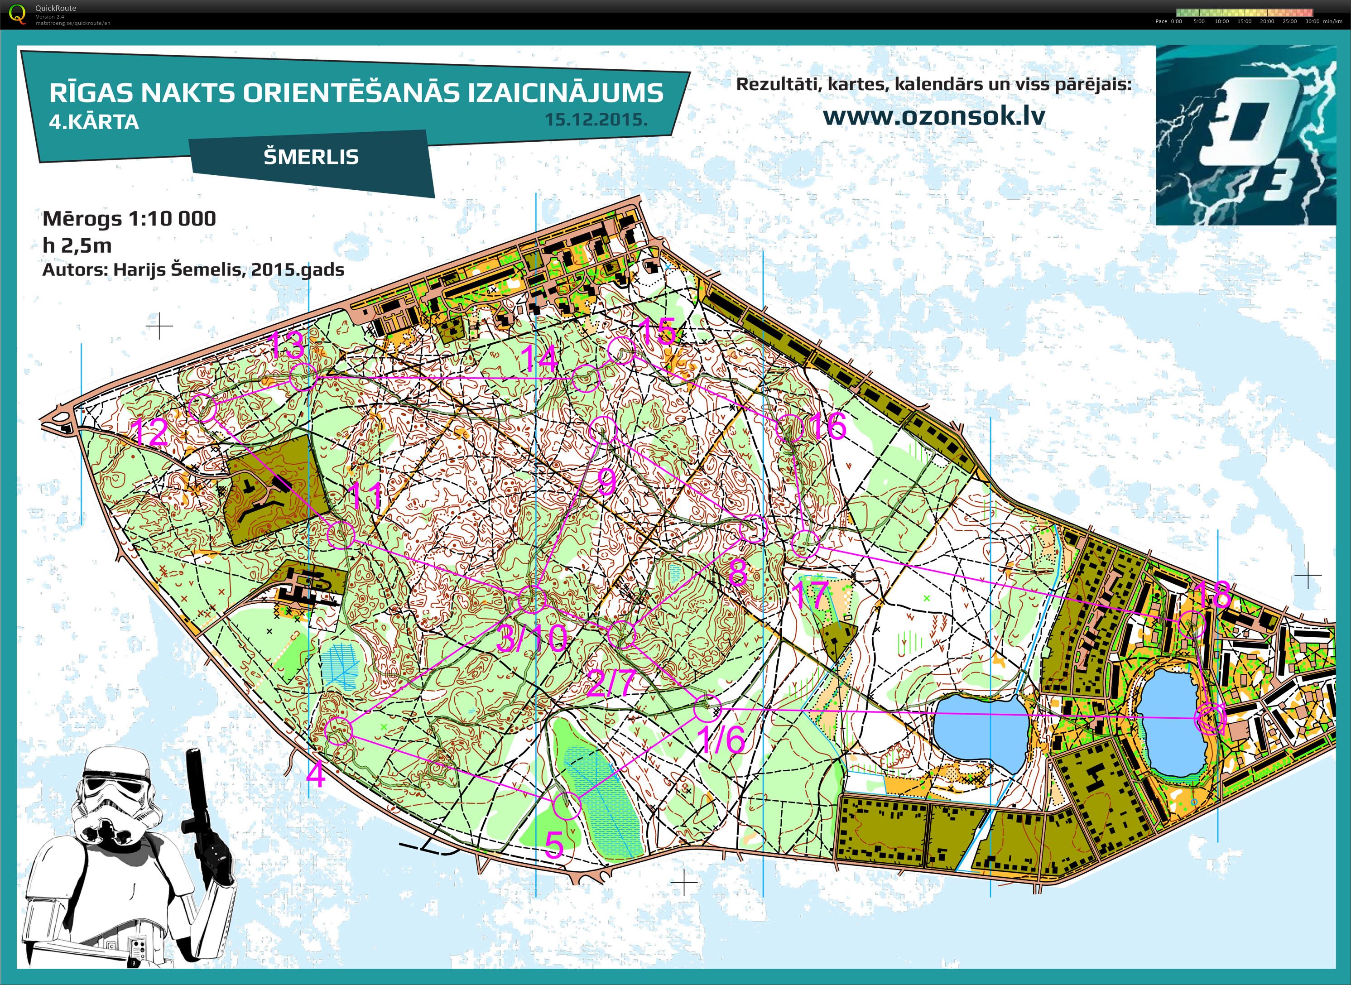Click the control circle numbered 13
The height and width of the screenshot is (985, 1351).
click(x=303, y=377)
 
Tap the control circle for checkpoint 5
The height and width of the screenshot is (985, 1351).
click(x=567, y=806)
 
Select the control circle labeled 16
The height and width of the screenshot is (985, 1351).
click(x=791, y=428)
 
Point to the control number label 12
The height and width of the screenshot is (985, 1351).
click(x=149, y=432)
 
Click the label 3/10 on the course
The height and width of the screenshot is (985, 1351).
click(x=531, y=639)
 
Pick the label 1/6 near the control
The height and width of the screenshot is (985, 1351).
click(x=721, y=740)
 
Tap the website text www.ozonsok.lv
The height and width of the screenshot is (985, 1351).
click(x=934, y=115)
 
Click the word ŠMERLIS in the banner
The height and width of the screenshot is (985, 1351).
click(x=311, y=157)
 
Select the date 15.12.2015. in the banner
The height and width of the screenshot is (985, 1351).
click(x=596, y=119)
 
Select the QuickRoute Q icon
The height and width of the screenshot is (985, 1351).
click(x=18, y=14)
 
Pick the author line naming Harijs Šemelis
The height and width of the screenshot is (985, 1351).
click(x=193, y=269)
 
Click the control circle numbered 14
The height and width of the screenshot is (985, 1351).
click(x=586, y=379)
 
